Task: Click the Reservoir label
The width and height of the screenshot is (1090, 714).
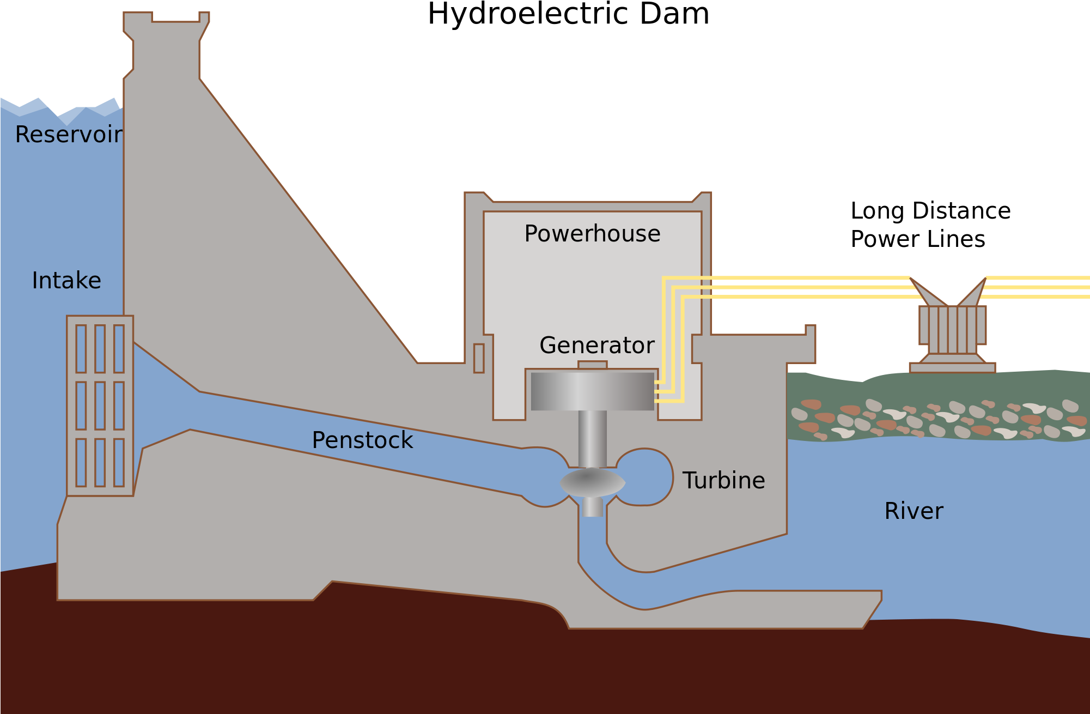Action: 69,135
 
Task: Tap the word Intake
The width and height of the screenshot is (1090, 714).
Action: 66,281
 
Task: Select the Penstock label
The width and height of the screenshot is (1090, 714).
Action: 362,440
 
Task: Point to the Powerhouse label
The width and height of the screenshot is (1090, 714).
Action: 592,234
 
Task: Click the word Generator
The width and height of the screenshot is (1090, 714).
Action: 596,346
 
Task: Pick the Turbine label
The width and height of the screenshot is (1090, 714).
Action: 723,481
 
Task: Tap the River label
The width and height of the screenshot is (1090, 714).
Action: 914,511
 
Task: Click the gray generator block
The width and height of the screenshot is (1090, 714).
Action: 592,391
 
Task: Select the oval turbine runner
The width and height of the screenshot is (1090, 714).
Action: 592,482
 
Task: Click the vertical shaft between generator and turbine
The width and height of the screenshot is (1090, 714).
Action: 592,438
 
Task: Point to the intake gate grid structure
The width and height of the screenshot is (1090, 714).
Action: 100,406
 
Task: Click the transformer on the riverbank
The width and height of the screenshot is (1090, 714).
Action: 952,329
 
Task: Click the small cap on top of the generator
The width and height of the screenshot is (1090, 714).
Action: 592,365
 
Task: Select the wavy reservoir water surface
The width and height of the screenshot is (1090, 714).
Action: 60,108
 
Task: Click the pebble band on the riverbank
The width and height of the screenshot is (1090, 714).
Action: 937,420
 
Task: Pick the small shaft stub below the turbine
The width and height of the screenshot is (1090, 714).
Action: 592,507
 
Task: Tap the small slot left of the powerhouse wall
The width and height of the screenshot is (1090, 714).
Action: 479,358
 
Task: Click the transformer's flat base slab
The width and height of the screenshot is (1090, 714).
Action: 952,368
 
